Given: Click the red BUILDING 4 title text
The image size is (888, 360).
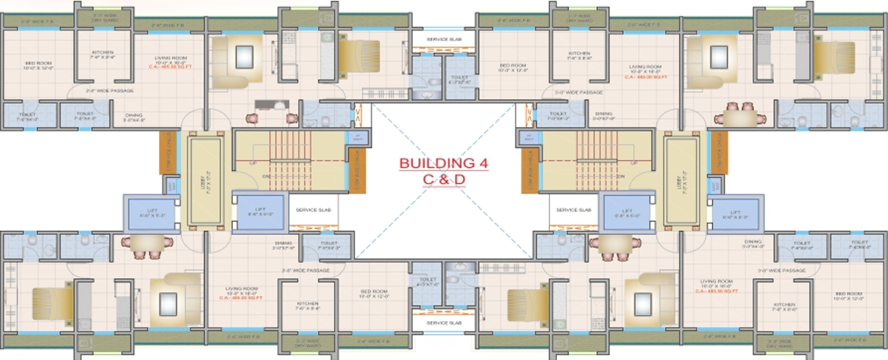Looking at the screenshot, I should point(443,163).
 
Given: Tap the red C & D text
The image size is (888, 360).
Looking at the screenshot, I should point(444,179).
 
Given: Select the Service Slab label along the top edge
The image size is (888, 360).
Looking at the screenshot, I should point(444,39).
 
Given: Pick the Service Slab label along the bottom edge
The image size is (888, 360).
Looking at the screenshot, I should point(443,323).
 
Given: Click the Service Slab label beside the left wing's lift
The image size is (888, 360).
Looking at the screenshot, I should point(313,210).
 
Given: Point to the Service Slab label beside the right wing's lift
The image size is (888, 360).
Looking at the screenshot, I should point(573,210).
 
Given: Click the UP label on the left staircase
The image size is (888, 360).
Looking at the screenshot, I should point(253,163).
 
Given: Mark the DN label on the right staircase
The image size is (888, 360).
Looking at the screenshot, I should point(621,176).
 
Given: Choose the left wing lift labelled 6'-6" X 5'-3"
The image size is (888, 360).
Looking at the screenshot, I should point(152,213).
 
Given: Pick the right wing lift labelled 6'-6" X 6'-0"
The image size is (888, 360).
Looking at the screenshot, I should point(627,213).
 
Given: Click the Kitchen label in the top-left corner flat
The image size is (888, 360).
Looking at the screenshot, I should point(102,55).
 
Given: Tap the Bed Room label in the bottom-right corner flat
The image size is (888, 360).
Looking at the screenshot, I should point(849,296).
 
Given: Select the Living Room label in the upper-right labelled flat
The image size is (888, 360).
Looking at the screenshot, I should point(645,69).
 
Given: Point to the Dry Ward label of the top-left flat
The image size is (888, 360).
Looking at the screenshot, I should point(105,18).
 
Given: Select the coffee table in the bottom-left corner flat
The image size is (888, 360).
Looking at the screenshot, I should point(168,304).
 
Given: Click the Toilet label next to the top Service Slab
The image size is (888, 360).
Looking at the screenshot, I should point(459,80).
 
